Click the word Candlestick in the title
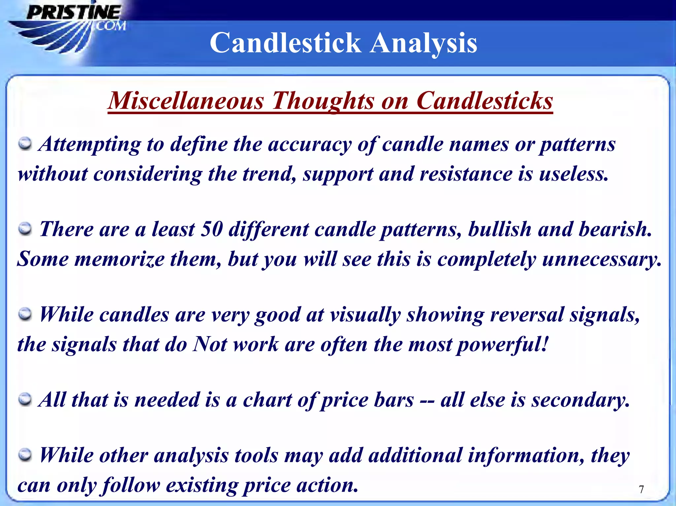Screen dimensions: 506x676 click(x=286, y=43)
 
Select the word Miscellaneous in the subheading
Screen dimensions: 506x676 click(x=186, y=101)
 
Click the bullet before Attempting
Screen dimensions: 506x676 click(x=25, y=144)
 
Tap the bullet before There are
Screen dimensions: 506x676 click(x=25, y=229)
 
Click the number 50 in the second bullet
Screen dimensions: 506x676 click(x=212, y=229)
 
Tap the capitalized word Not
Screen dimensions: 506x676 click(x=210, y=344)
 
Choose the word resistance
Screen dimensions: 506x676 click(x=466, y=174)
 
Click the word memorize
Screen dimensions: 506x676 click(x=119, y=259)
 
